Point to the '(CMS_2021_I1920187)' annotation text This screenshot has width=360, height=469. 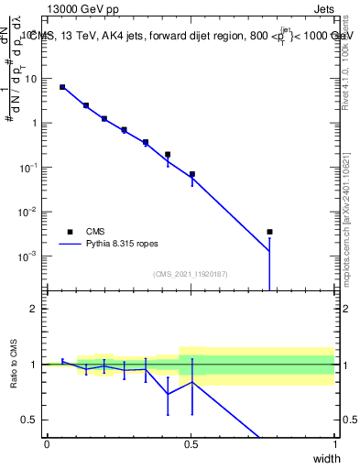190,273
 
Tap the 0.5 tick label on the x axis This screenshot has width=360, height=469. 191,443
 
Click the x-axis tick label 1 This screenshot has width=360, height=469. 334,443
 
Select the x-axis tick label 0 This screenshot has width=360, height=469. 47,443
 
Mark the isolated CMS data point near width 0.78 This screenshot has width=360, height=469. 269,232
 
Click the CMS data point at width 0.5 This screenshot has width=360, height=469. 191,174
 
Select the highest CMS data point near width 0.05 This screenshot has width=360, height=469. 62,87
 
